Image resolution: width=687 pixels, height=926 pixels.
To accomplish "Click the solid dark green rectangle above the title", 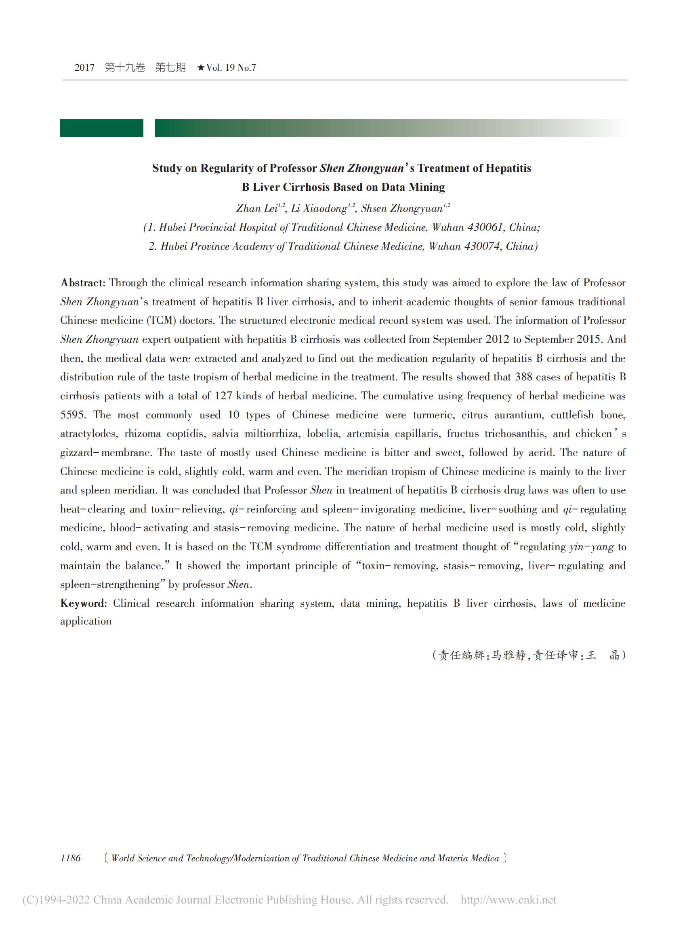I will pos(101,128).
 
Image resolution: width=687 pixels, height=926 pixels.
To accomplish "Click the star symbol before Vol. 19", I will pos(201,67).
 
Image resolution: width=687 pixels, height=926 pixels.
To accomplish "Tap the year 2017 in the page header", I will pos(84,67).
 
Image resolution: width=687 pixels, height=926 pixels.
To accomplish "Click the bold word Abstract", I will pos(82,283).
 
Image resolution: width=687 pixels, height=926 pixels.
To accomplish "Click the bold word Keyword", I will pos(83,603).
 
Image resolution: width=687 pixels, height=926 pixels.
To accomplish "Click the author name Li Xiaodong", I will pos(319,208).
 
